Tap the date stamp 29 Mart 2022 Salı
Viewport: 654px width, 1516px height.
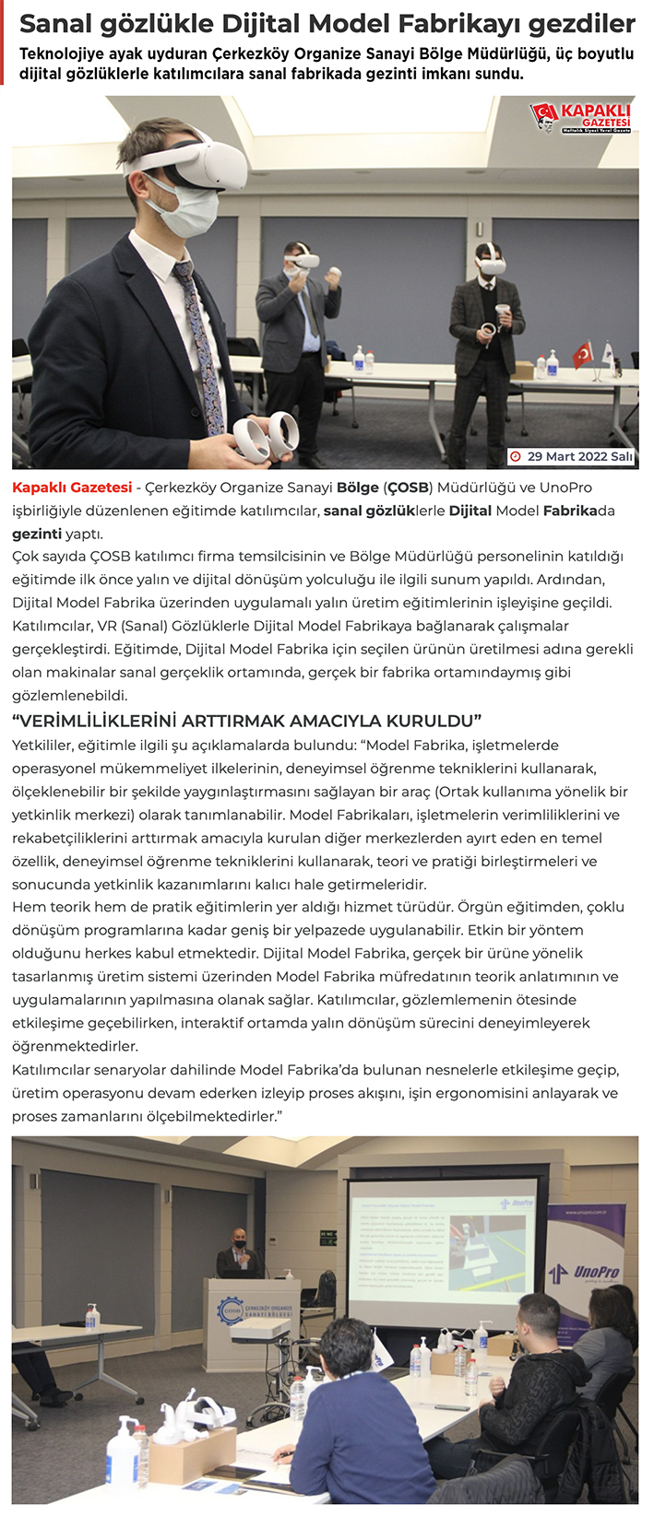point(573,456)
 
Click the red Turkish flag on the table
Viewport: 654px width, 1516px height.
point(582,354)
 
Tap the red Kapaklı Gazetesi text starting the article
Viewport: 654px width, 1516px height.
point(72,488)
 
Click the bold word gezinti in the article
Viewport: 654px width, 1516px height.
point(37,534)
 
